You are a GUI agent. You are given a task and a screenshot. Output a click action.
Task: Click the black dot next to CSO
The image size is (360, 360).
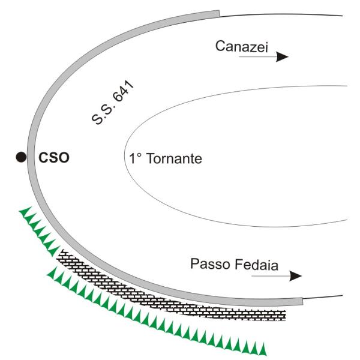(x=21, y=157)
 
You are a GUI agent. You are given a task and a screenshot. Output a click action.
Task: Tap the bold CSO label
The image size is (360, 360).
(x=54, y=158)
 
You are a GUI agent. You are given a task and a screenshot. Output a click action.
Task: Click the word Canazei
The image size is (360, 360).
(x=242, y=46)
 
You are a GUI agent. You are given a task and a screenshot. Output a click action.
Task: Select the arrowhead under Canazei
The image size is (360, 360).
(x=282, y=57)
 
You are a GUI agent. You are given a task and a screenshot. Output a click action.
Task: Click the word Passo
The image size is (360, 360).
(x=211, y=264)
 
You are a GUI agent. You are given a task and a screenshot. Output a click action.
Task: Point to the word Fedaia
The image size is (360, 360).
(x=256, y=265)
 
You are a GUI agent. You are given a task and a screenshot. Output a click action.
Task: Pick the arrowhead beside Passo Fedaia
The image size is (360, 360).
(x=295, y=276)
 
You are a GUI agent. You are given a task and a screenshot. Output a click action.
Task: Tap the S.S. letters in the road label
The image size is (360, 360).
(x=102, y=113)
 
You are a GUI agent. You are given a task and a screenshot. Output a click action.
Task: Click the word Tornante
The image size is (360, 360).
(x=174, y=158)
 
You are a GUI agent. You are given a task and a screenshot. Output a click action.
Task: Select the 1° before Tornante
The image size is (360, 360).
(x=136, y=158)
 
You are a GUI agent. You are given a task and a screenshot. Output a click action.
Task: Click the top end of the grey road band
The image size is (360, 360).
(x=219, y=14)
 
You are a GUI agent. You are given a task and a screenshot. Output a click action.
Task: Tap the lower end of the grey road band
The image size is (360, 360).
(x=302, y=301)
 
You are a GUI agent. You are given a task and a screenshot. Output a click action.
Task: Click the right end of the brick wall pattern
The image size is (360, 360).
(x=285, y=315)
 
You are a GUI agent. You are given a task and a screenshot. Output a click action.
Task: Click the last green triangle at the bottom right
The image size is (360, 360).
(x=263, y=349)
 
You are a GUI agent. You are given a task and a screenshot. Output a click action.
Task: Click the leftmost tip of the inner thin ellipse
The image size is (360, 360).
(x=125, y=158)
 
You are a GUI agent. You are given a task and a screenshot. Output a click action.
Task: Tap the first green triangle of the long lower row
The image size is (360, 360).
(x=52, y=272)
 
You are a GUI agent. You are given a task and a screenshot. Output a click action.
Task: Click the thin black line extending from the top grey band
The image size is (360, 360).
(x=281, y=14)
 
